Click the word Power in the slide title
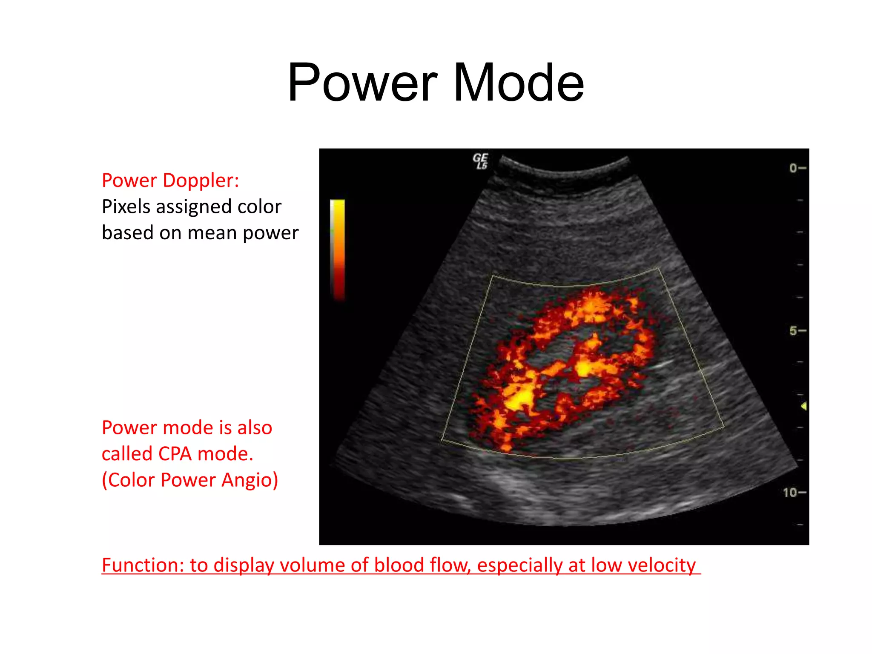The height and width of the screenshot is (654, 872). pyautogui.click(x=362, y=83)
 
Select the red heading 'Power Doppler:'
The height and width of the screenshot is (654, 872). pyautogui.click(x=170, y=181)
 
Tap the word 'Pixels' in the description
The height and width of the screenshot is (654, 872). pyautogui.click(x=126, y=207)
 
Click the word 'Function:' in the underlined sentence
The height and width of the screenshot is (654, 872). pyautogui.click(x=143, y=565)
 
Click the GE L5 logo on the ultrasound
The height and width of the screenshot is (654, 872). pyautogui.click(x=480, y=161)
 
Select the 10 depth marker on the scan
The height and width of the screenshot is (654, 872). pyautogui.click(x=790, y=493)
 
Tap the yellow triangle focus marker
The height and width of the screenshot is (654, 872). pyautogui.click(x=803, y=406)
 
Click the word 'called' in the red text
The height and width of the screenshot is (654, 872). pyautogui.click(x=127, y=454)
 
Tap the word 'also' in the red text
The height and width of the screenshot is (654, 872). pyautogui.click(x=255, y=427)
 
